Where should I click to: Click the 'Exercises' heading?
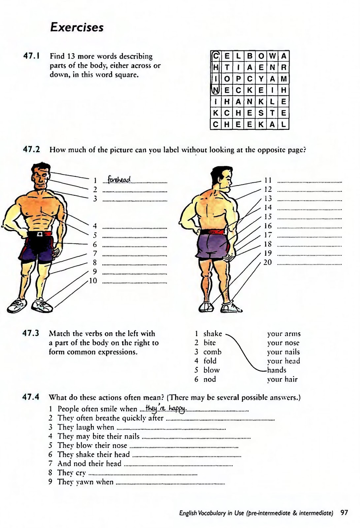click(x=77, y=27)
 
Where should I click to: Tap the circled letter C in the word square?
click(x=215, y=56)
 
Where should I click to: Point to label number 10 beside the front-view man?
click(x=93, y=281)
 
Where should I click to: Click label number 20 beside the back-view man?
click(x=267, y=262)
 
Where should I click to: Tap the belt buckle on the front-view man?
click(x=40, y=234)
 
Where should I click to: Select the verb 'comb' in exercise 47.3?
click(x=212, y=352)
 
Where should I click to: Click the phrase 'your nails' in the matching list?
click(x=283, y=352)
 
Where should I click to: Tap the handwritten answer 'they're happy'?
click(x=166, y=409)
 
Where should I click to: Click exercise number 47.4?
click(x=31, y=397)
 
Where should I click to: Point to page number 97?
click(x=344, y=513)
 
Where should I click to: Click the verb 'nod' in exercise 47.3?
click(x=210, y=379)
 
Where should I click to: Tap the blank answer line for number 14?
click(x=310, y=209)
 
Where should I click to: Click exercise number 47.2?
click(x=31, y=149)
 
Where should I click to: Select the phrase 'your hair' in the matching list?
click(x=282, y=379)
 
